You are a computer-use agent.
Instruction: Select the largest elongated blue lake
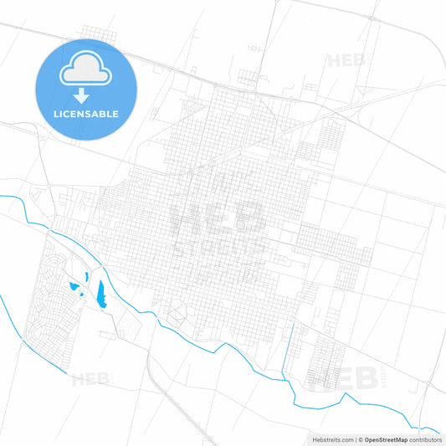click(x=101, y=292)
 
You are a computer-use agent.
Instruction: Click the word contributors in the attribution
click(x=426, y=439)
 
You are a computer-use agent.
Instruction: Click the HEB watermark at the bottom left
click(x=90, y=378)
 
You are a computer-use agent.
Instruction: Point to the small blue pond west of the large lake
click(x=74, y=289)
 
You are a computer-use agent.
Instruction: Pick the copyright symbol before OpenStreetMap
click(x=361, y=439)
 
